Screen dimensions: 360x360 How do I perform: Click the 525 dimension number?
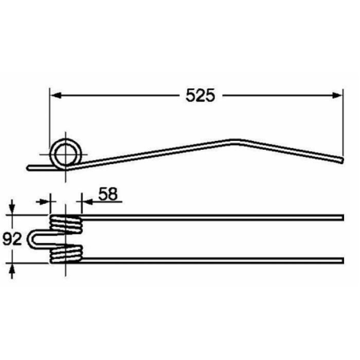pos(200,96)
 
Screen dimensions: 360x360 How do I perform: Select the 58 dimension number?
pos(108,194)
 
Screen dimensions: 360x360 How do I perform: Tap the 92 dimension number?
pos(12,239)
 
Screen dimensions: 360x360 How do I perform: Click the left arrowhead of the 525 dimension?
pos(56,96)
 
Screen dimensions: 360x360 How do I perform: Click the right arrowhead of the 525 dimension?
pos(337,96)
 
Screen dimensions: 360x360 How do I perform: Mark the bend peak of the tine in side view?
pos(233,141)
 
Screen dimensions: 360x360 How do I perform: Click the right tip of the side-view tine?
pos(342,160)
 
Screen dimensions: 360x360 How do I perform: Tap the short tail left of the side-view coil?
pos(40,168)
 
